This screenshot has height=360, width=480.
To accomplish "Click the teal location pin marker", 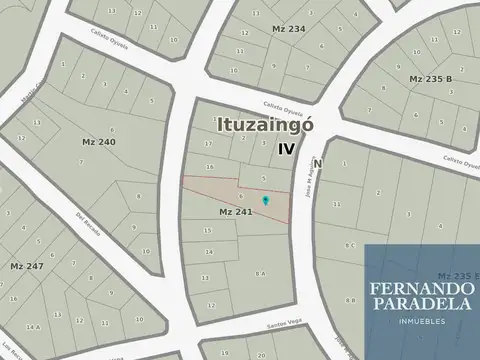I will click(265, 201).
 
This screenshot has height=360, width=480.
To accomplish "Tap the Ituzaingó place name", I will click(266, 126).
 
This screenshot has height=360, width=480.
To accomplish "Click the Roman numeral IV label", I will click(287, 148).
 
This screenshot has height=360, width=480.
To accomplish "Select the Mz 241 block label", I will click(233, 213).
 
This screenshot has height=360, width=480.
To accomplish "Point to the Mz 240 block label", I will click(99, 142).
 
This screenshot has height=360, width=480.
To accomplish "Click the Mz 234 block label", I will click(288, 30).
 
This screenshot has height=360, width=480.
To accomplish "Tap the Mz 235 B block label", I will click(430, 78).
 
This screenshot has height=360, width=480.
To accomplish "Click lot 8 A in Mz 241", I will click(261, 273).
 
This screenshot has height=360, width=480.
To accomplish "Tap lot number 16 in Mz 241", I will click(209, 166).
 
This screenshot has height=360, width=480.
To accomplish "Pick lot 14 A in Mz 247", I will click(33, 327).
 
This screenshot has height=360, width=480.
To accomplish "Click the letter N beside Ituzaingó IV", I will click(316, 163).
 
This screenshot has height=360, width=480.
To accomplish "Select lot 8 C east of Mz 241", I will click(350, 245).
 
